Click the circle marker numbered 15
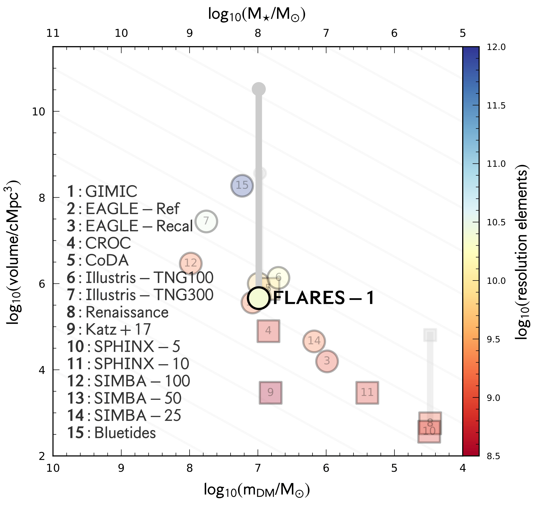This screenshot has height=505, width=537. (242, 186)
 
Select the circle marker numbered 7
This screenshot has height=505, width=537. (206, 221)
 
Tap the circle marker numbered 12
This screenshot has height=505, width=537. (191, 263)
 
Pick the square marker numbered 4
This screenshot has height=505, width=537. (268, 331)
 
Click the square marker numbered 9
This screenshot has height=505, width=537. (270, 393)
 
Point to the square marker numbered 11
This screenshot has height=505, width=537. (367, 393)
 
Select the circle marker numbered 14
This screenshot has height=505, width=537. (314, 341)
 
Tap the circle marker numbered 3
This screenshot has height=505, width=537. (327, 361)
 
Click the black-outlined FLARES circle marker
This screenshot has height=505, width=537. (258, 298)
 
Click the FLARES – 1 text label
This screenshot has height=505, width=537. (324, 298)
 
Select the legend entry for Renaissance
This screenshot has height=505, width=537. (117, 312)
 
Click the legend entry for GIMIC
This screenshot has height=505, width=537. (102, 191)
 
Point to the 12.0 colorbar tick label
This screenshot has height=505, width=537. (496, 47)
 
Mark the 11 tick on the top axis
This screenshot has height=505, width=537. (53, 33)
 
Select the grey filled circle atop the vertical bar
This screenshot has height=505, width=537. (259, 89)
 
